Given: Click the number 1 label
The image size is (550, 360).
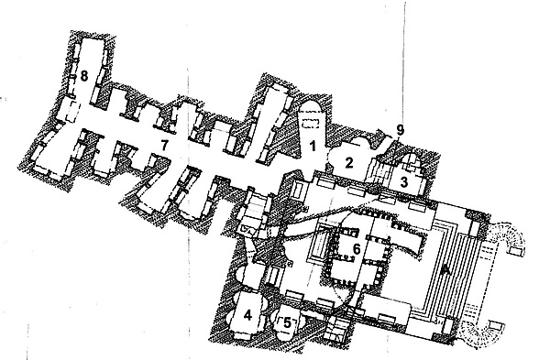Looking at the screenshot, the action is tap(313, 147).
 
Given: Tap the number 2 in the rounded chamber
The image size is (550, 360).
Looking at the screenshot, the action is tap(348, 163).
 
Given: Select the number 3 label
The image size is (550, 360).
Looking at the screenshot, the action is tap(403, 182).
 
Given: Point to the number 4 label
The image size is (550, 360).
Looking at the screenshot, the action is tap(247, 315).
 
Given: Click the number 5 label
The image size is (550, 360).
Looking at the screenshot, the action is tap(287, 322).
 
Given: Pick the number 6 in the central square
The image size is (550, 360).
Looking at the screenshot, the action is tap(357, 249).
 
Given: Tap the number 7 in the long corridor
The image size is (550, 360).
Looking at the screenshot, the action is tap(164, 145).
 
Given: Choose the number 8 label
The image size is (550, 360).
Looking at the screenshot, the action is tap(83, 76).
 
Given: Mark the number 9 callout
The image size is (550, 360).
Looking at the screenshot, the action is tap(401, 131).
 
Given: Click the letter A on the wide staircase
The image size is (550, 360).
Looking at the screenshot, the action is tap(445, 269).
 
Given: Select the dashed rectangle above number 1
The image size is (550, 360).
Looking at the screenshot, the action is tap(311, 124).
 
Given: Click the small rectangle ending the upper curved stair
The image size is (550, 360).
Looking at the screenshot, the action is tap(515, 251).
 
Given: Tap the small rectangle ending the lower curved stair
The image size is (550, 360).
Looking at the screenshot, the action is tap(495, 325).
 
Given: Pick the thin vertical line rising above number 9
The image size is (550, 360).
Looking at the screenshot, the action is tap(403, 63).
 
